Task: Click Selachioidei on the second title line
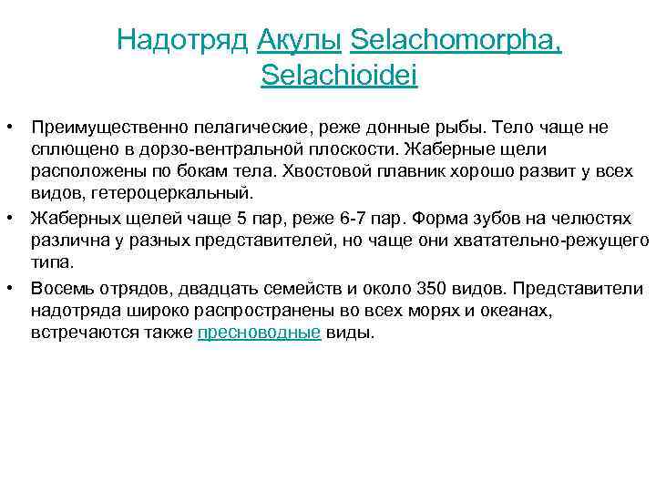pyautogui.click(x=339, y=76)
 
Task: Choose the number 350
pyautogui.click(x=432, y=289)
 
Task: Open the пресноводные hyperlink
pyautogui.click(x=260, y=333)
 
